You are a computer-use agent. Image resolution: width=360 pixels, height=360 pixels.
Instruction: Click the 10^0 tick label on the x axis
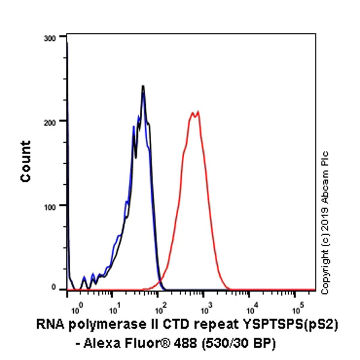tap(76, 310)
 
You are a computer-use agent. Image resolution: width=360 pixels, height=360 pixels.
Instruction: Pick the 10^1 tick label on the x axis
tap(114, 310)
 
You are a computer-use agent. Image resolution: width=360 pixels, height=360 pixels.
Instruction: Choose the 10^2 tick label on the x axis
tap(160, 310)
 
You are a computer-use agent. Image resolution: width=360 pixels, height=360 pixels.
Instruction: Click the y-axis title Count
tap(26, 161)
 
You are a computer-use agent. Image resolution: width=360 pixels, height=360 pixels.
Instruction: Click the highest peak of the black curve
tap(143, 86)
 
